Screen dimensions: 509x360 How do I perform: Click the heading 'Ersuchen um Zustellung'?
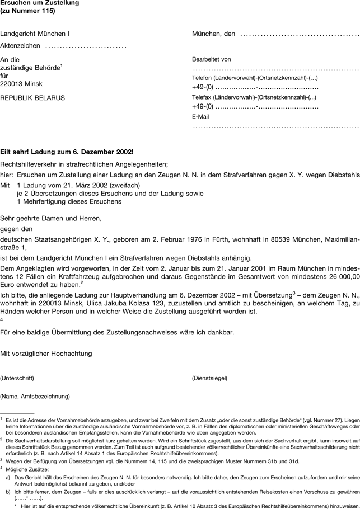39,3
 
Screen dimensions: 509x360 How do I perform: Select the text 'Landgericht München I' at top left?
35,34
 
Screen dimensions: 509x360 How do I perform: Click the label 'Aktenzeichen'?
20,45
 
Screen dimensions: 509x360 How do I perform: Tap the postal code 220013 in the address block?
13,84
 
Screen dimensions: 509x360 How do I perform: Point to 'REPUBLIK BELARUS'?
32,98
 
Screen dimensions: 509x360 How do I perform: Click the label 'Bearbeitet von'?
211,59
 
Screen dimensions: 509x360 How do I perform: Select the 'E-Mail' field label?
200,117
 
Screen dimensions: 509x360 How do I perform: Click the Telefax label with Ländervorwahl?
255,97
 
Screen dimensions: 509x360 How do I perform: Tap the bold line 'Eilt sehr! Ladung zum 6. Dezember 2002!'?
67,152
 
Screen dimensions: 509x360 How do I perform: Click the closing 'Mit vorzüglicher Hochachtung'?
46,353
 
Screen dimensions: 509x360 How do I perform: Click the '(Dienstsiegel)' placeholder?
209,378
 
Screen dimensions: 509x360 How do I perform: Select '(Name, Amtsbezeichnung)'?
35,397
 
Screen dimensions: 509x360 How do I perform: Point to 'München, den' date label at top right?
213,34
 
